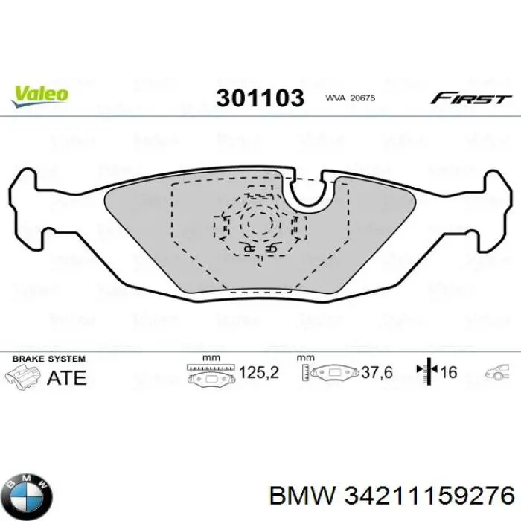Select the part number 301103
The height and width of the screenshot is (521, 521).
[x=260, y=98]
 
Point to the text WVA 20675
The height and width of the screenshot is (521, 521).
[x=351, y=98]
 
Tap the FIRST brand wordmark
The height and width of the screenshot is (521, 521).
[x=471, y=98]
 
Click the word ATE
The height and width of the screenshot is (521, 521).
[x=66, y=377]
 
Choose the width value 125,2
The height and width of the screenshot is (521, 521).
[x=258, y=372]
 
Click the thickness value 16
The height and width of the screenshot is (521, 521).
[x=450, y=372]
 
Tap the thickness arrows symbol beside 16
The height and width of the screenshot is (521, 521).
[x=426, y=371]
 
